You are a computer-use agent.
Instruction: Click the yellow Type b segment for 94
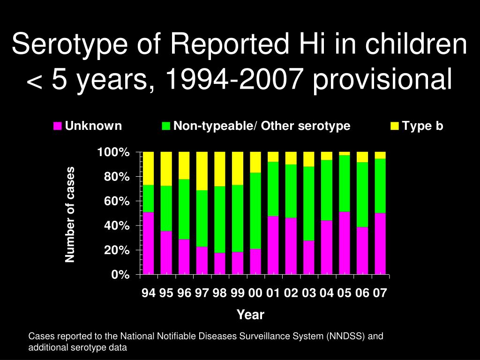click(148, 168)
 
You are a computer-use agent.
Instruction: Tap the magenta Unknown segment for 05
click(344, 243)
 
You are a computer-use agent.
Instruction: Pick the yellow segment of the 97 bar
click(202, 171)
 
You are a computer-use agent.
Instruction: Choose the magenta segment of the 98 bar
click(219, 263)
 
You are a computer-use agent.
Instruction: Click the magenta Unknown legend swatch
click(58, 126)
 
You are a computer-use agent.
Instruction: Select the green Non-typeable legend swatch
click(166, 126)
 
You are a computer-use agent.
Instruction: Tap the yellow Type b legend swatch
click(395, 126)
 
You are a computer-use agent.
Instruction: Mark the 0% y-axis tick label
click(120, 275)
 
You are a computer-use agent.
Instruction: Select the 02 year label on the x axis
click(291, 293)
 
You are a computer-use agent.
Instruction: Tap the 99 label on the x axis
click(237, 293)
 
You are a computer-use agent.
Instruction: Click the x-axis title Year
click(250, 315)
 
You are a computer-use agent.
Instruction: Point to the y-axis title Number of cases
click(70, 214)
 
